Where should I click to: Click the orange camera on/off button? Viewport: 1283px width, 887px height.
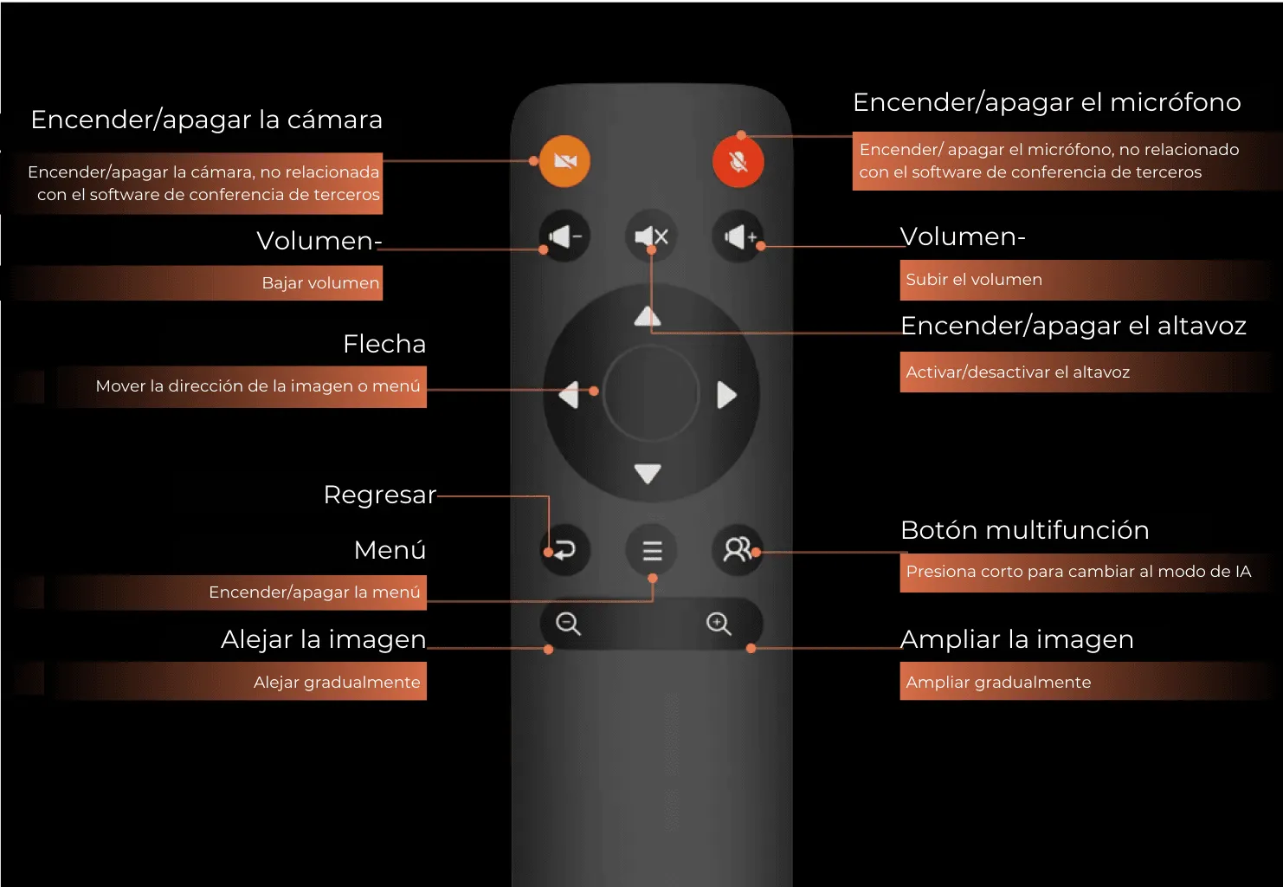[564, 161]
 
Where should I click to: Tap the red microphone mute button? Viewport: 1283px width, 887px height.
[738, 161]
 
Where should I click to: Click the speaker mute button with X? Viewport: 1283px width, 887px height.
[651, 236]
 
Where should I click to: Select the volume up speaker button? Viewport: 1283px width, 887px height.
[738, 236]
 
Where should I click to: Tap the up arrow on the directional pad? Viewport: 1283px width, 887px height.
[648, 316]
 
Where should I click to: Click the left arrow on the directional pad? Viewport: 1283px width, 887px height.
[569, 395]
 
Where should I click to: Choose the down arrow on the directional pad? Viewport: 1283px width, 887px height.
[648, 473]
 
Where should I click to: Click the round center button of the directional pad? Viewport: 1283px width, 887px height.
[650, 393]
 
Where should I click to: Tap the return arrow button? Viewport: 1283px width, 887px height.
[564, 549]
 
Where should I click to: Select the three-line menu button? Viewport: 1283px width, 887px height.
[652, 550]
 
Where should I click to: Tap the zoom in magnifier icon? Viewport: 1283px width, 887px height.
[719, 624]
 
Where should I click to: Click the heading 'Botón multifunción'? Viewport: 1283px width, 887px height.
[1024, 530]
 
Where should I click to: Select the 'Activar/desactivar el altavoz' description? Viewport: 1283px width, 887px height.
[1017, 372]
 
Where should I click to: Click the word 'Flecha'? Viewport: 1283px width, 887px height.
[384, 344]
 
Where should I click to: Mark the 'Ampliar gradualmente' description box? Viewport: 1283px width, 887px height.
[998, 683]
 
